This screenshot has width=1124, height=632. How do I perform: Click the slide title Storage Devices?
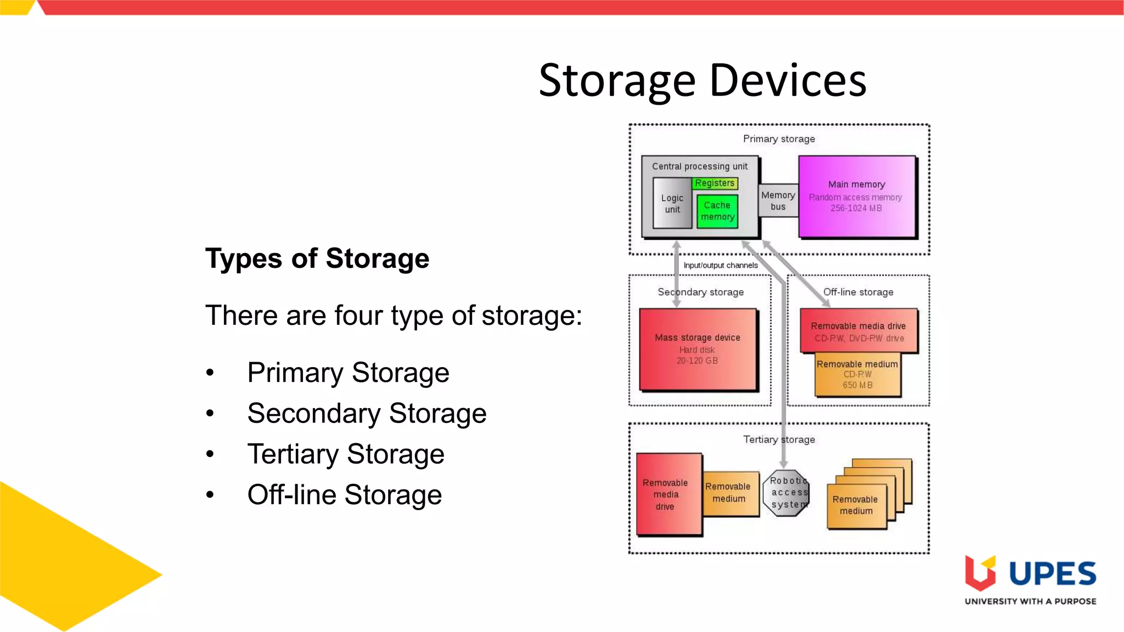(702, 81)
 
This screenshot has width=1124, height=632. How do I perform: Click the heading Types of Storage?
(317, 258)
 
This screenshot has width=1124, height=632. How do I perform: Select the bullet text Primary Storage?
(348, 373)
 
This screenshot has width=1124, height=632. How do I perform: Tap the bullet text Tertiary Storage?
(345, 454)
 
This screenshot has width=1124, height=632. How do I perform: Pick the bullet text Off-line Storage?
(344, 494)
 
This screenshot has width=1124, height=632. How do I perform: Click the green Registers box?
(715, 183)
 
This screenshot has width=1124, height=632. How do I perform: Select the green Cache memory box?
(717, 211)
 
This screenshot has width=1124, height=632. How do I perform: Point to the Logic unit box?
(672, 204)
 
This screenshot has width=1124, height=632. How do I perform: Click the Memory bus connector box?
(778, 201)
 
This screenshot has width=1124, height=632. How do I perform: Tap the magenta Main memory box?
(856, 196)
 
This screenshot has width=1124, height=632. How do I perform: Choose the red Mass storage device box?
(697, 349)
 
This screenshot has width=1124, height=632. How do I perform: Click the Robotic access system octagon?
(786, 493)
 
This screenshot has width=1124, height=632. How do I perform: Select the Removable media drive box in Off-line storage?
(858, 331)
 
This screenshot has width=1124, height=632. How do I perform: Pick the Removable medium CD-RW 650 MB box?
(857, 375)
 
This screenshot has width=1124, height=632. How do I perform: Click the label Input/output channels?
(720, 266)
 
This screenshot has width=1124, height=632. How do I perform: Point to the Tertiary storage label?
(778, 439)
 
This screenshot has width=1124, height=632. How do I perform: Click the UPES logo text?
(1052, 574)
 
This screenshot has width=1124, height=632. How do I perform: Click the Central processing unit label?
(699, 166)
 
